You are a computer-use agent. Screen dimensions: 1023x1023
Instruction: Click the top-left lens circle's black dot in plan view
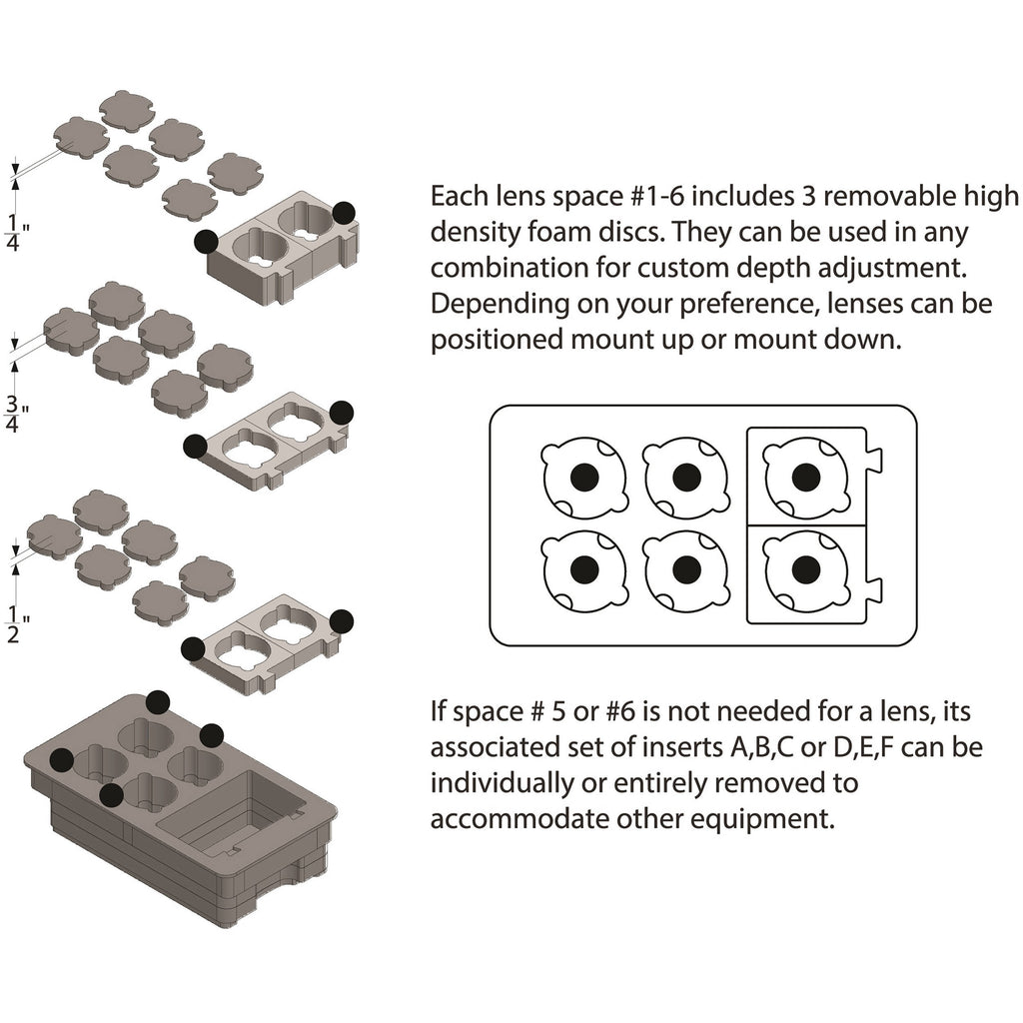tap(584, 477)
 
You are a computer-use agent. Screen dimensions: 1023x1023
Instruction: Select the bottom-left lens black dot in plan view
tap(584, 568)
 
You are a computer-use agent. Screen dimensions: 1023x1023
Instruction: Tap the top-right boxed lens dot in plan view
tap(805, 477)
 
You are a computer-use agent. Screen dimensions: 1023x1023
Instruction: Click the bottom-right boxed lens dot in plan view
tap(805, 569)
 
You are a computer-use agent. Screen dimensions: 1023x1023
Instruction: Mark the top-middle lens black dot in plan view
tap(685, 477)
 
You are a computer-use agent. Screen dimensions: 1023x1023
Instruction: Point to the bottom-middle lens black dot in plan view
tap(685, 568)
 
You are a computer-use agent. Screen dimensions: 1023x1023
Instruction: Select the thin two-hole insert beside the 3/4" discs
tap(270, 440)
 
